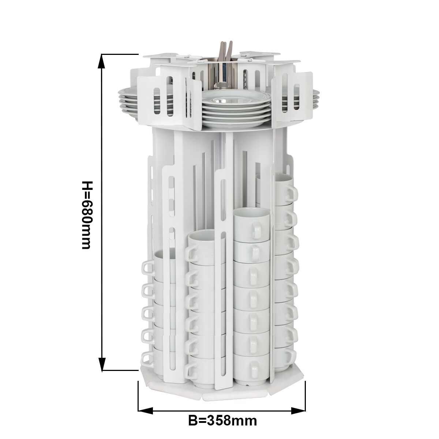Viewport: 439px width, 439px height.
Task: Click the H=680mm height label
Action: tap(87, 215)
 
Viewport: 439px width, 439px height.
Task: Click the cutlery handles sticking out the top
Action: tap(226, 52)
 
